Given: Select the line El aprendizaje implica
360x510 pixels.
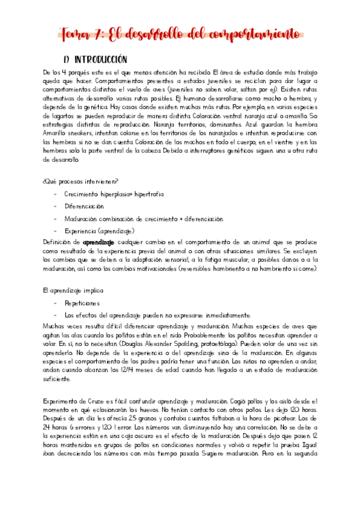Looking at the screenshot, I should pos(69,291).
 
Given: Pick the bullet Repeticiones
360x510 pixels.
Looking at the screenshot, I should pos(82,303).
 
